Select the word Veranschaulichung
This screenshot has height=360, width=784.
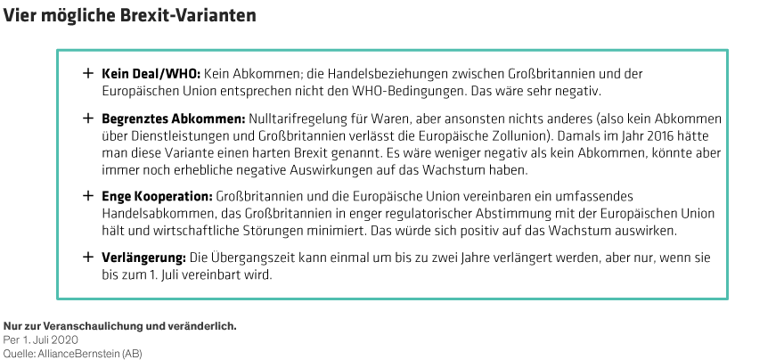click(x=88, y=327)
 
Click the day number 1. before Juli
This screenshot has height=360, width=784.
click(x=27, y=340)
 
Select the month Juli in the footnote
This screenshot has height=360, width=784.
click(x=42, y=340)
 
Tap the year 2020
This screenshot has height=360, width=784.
click(x=67, y=340)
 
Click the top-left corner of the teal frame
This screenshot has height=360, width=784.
click(x=58, y=51)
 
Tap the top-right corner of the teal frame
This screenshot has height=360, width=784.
click(x=727, y=51)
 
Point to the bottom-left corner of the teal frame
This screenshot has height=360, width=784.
click(x=58, y=299)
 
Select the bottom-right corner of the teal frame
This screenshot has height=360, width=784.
click(x=727, y=299)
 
